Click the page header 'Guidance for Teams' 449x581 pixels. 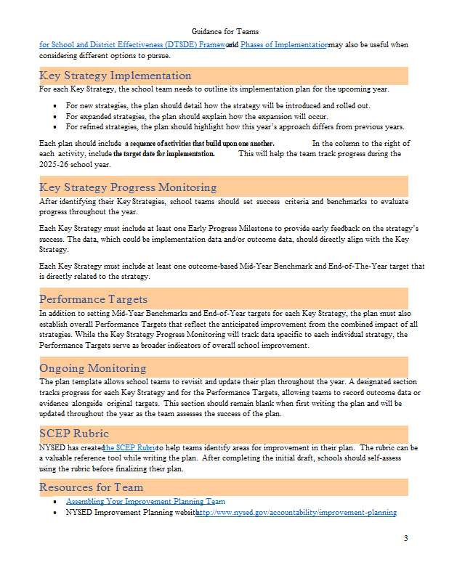(x=224, y=31)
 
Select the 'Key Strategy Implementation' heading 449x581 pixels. (x=116, y=76)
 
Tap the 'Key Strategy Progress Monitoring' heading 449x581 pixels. (x=128, y=187)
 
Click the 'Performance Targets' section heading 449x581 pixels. (x=93, y=298)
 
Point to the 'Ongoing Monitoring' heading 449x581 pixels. (x=92, y=368)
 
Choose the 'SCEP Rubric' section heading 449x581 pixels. (x=74, y=434)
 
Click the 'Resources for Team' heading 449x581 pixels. (x=92, y=487)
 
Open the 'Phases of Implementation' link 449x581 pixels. (x=284, y=45)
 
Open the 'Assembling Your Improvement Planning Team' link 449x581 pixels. (x=145, y=501)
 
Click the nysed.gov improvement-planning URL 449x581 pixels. (x=296, y=513)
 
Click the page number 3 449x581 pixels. (x=405, y=538)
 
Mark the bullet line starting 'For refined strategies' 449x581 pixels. (x=235, y=126)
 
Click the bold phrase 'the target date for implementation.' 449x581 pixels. (x=163, y=154)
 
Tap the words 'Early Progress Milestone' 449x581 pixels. (x=213, y=229)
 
